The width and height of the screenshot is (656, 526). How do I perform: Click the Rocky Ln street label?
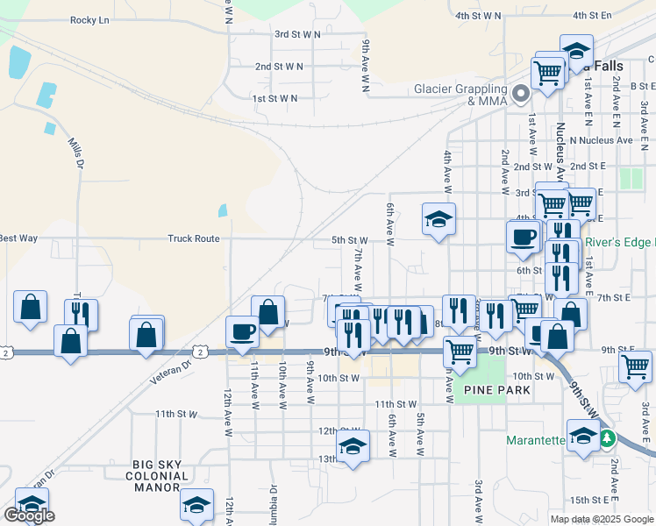89,19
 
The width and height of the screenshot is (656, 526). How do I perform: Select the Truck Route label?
194,238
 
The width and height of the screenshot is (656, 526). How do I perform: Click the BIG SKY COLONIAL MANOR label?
161,476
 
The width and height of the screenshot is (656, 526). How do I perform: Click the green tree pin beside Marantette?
606,437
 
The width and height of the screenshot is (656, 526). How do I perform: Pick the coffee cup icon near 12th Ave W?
243,330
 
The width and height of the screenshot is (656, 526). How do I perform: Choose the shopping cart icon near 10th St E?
636,365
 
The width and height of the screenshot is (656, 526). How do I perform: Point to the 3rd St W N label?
298,35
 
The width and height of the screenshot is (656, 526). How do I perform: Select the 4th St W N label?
478,16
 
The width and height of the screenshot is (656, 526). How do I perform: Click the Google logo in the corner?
29,515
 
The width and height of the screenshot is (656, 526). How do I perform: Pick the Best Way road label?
18,238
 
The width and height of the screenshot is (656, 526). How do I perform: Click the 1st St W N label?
275,99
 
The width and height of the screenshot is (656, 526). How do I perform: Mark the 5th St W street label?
349,240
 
